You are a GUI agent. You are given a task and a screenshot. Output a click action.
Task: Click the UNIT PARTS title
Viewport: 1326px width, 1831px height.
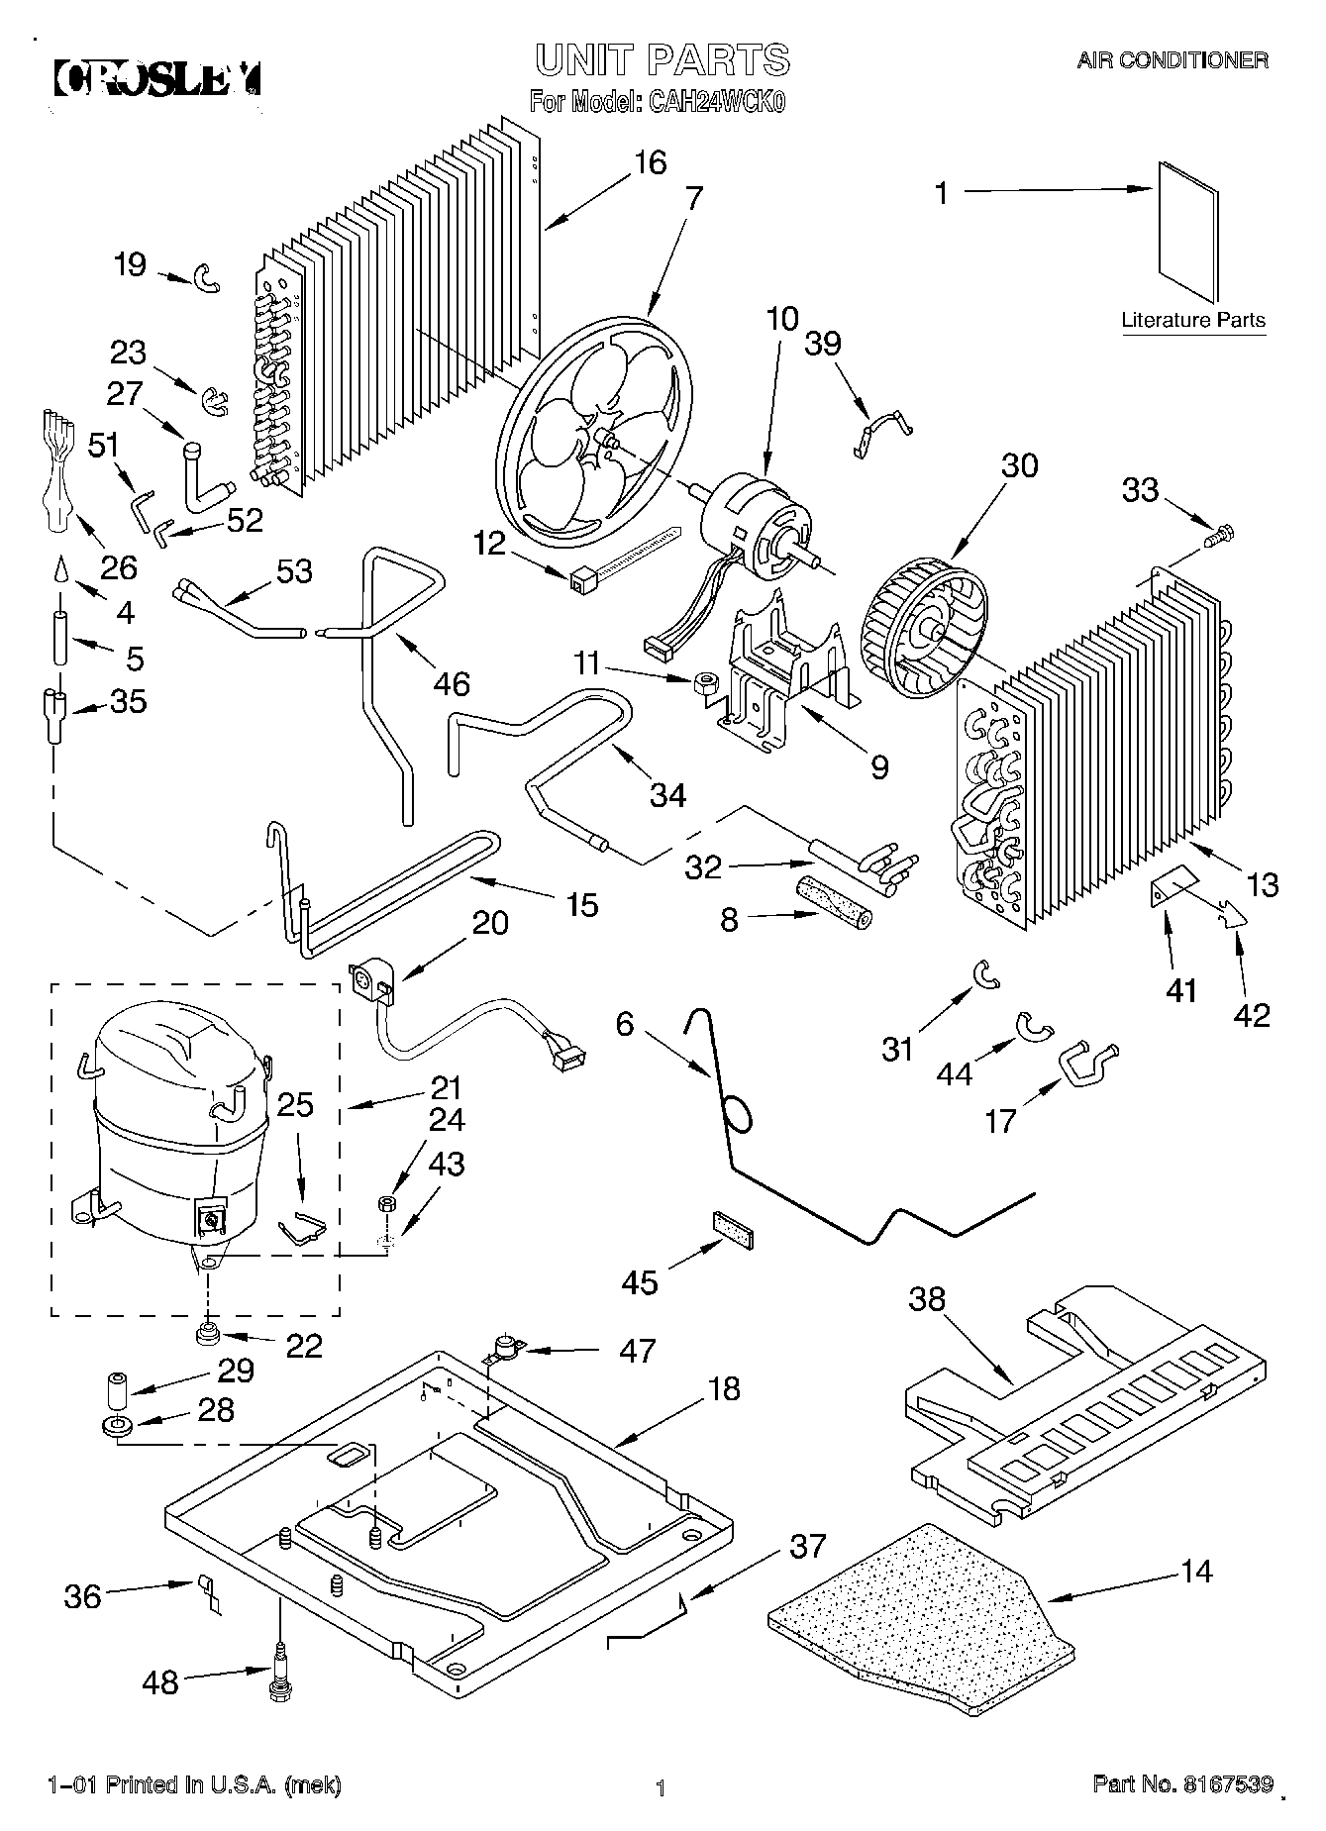(x=663, y=60)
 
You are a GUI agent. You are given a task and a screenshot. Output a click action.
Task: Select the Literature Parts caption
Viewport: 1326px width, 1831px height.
(x=1192, y=320)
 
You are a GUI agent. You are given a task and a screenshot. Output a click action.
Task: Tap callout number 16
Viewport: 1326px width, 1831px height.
(x=650, y=162)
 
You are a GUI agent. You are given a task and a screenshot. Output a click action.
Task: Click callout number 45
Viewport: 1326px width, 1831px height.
(x=639, y=1282)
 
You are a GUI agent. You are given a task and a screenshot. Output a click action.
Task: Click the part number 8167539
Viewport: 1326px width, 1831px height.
(x=1225, y=1784)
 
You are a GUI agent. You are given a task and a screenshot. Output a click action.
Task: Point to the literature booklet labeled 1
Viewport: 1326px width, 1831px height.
(x=1186, y=231)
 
